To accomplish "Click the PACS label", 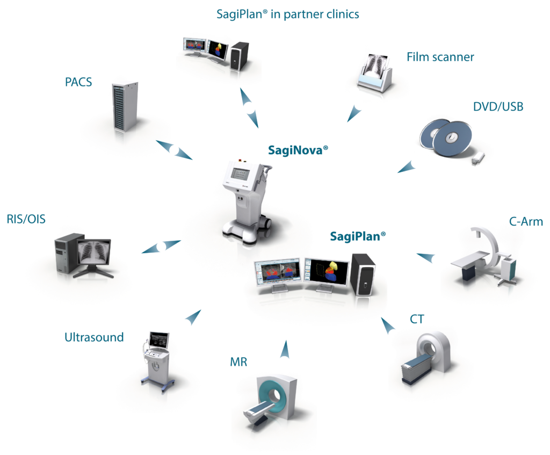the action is tap(78, 82).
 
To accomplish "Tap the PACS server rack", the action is tap(125, 107).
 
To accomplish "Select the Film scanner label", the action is tap(440, 57).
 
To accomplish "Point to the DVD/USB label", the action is tap(498, 107).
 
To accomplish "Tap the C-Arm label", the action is tap(526, 222).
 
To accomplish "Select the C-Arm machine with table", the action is tap(484, 257).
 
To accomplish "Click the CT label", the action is tap(417, 319).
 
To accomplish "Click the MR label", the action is tap(238, 362).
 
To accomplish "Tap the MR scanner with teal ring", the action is tap(271, 400).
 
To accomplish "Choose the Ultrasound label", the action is tap(94, 337).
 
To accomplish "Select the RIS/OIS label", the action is tap(26, 219).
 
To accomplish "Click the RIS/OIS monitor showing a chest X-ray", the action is tap(94, 252).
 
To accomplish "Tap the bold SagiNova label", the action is tap(298, 150).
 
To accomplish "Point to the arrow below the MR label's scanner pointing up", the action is tap(285, 349).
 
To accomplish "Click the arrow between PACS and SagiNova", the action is tap(174, 150).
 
